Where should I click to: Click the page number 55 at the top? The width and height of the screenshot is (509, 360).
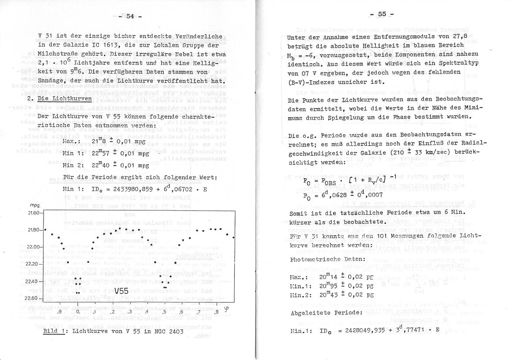click(x=382, y=14)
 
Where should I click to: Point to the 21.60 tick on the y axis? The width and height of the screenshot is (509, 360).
click(x=34, y=213)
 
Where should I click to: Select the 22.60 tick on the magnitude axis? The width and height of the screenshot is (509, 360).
click(x=34, y=299)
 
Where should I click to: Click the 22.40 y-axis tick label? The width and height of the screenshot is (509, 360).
click(x=34, y=281)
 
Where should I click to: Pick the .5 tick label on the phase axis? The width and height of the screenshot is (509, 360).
click(x=164, y=312)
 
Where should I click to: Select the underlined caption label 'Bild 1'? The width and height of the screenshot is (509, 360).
click(x=53, y=332)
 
